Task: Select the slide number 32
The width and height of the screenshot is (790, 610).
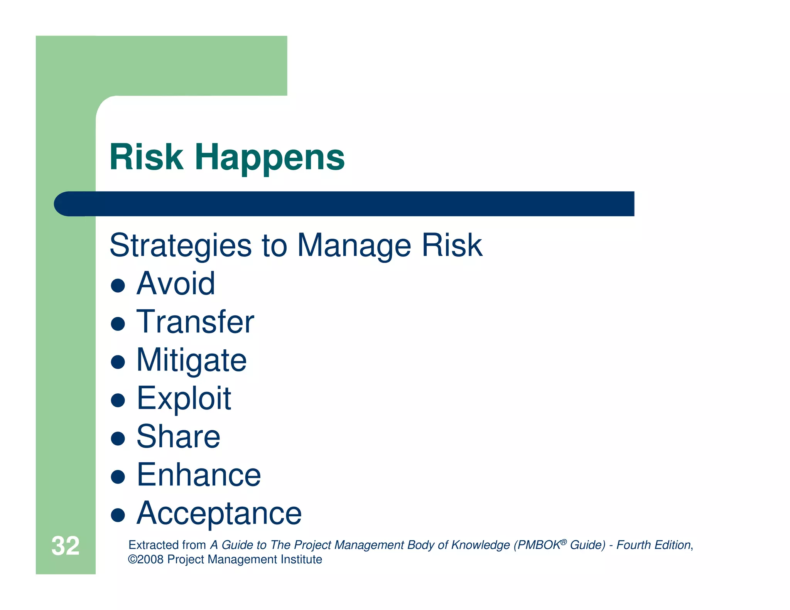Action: click(65, 546)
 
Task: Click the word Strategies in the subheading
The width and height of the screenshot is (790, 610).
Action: click(181, 246)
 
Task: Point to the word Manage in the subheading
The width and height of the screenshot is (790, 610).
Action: click(354, 246)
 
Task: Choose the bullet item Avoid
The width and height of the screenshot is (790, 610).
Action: click(176, 284)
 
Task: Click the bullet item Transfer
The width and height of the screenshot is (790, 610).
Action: click(195, 322)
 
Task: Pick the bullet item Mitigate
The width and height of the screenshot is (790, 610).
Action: click(191, 360)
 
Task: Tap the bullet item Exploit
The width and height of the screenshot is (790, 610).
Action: click(184, 399)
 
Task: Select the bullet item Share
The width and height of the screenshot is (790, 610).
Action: click(178, 436)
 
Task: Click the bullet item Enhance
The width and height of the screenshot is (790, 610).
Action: click(199, 475)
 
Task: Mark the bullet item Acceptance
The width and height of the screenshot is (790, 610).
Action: click(219, 513)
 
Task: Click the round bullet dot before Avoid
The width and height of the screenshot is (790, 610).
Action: click(118, 286)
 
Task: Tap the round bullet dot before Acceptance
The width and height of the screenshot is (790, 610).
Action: click(118, 515)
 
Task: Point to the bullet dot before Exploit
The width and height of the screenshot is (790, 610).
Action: click(118, 400)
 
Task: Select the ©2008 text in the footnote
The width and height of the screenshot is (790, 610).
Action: click(145, 559)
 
